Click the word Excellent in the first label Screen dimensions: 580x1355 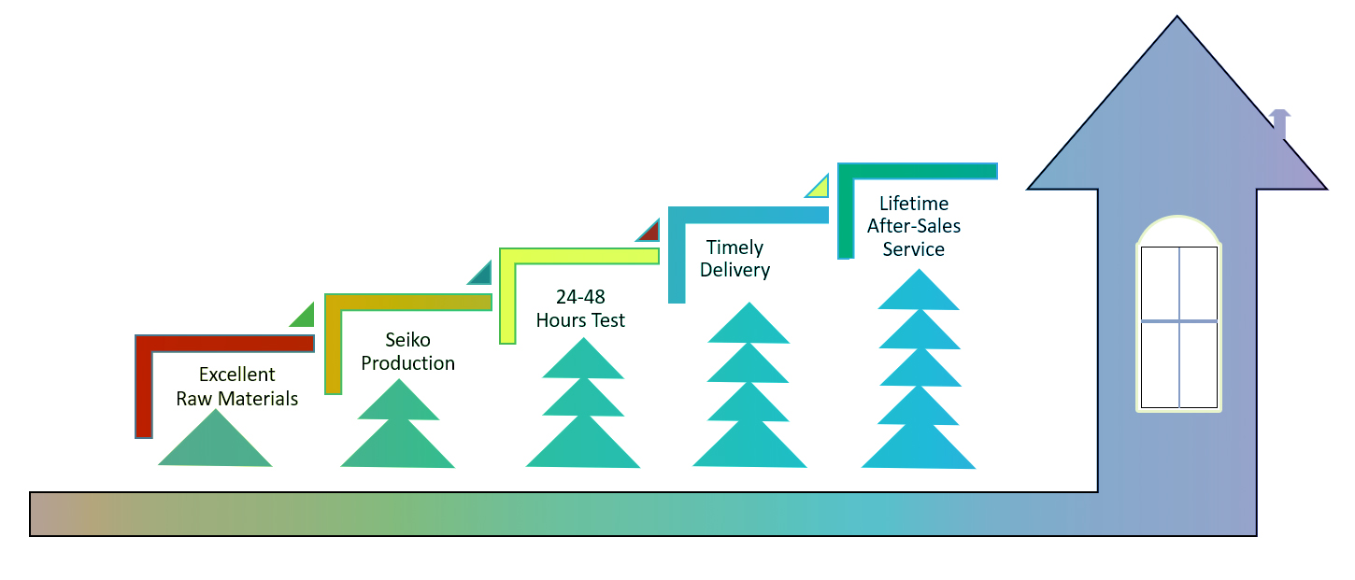click(x=236, y=375)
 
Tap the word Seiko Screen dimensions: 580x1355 click(x=407, y=340)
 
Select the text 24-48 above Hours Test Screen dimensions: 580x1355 click(x=580, y=297)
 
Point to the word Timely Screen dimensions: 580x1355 click(x=735, y=248)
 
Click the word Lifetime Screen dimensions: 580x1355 click(x=913, y=204)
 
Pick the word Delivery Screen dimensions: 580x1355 click(x=738, y=271)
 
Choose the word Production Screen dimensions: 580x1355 click(x=407, y=363)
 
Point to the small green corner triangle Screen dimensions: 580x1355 click(x=305, y=318)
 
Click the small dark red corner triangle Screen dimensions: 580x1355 click(x=650, y=231)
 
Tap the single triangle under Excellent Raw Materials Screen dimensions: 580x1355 click(x=215, y=445)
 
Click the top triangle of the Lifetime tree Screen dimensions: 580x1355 click(x=919, y=292)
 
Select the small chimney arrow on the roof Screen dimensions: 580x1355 click(x=1280, y=122)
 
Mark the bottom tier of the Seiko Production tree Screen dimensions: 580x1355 click(x=398, y=446)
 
